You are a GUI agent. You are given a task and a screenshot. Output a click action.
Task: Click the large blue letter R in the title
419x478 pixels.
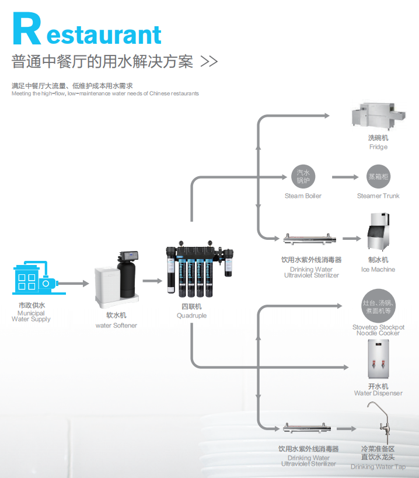pyautogui.click(x=26, y=29)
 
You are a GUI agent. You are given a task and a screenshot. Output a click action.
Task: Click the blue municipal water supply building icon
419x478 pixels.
pyautogui.click(x=35, y=278)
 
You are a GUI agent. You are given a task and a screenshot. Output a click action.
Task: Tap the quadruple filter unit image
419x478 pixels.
pyautogui.click(x=200, y=269)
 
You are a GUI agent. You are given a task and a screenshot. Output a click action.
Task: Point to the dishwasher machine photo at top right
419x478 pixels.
pyautogui.click(x=378, y=116)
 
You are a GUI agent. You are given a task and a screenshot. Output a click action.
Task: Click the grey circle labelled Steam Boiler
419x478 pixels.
pyautogui.click(x=303, y=176)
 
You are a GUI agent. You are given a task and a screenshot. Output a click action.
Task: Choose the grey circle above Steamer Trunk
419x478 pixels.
pyautogui.click(x=378, y=176)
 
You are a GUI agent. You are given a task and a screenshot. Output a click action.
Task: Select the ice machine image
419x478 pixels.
pyautogui.click(x=378, y=232)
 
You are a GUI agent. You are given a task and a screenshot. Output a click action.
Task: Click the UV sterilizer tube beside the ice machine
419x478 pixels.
pyautogui.click(x=310, y=239)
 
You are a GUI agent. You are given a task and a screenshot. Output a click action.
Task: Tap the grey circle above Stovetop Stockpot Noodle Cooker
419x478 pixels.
pyautogui.click(x=378, y=306)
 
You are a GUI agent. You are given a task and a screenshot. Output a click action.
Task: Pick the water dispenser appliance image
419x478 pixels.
pyautogui.click(x=378, y=359)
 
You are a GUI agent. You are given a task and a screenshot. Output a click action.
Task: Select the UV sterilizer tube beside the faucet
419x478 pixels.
pyautogui.click(x=307, y=428)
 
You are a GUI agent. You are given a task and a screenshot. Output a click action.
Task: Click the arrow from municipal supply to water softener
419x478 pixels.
pyautogui.click(x=73, y=284)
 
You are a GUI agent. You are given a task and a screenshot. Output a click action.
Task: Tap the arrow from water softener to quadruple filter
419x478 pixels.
pyautogui.click(x=152, y=281)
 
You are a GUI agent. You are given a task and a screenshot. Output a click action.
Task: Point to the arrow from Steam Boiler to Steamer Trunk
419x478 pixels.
pyautogui.click(x=345, y=177)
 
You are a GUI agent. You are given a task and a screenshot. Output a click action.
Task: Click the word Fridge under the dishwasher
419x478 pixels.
pyautogui.click(x=378, y=147)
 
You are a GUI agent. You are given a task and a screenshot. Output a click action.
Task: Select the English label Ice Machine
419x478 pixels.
pyautogui.click(x=378, y=270)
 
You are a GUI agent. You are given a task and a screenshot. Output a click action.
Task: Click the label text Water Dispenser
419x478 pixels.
pyautogui.click(x=378, y=393)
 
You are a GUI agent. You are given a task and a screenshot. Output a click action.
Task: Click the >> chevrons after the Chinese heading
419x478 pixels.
pyautogui.click(x=209, y=62)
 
